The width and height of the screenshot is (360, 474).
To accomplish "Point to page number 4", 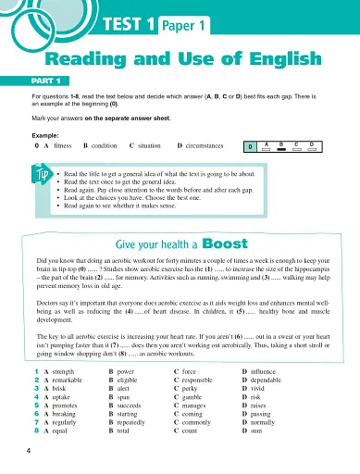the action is point(30,450).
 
